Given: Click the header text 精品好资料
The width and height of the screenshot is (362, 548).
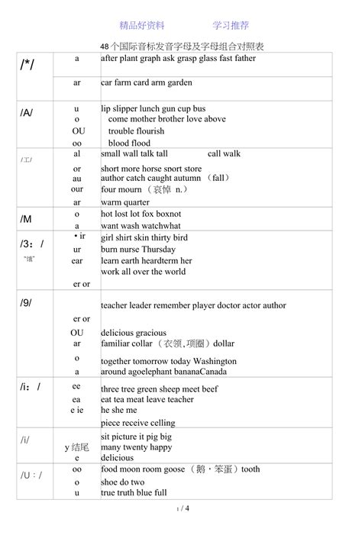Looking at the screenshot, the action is (142, 25).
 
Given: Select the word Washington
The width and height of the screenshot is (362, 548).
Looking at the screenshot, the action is (212, 361).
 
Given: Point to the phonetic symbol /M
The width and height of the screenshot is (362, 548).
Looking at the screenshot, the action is (26, 219).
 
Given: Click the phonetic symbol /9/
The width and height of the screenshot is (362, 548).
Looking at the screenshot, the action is (26, 303).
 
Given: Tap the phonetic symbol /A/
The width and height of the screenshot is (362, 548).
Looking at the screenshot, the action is (27, 113).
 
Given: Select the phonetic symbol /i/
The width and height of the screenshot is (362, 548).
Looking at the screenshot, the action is (25, 440).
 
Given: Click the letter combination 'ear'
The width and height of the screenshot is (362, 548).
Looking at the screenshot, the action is (77, 260).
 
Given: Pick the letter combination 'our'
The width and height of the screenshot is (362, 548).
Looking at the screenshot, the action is (77, 189).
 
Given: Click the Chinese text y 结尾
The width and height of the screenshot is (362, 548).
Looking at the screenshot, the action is (77, 446).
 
